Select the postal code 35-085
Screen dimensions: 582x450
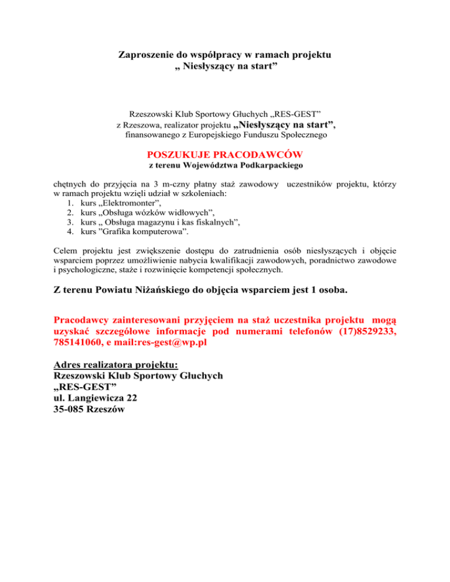click(67, 410)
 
